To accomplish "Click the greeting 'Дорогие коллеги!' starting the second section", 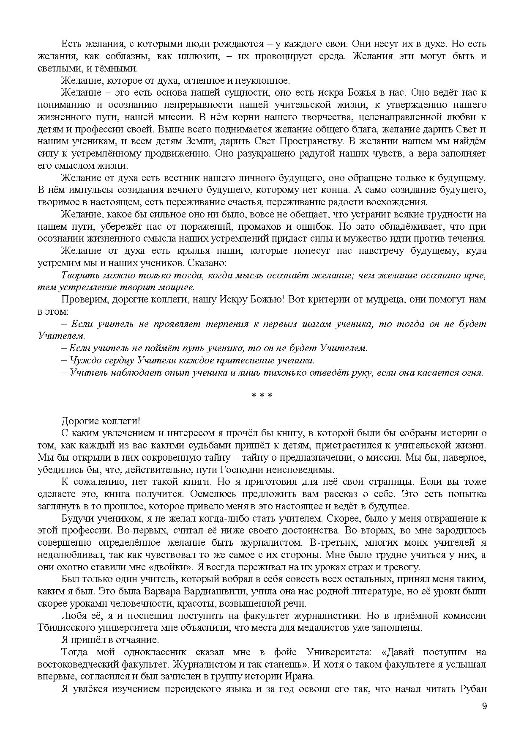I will (101, 421).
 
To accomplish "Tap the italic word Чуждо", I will (82, 360).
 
